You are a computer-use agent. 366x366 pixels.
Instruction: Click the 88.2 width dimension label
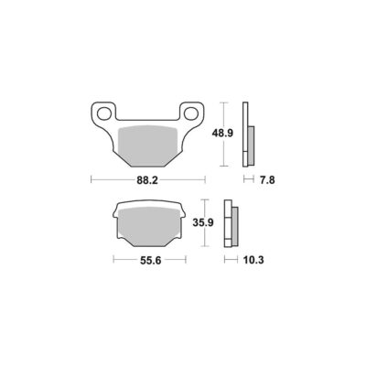click(x=147, y=180)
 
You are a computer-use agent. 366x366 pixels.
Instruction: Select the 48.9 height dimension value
click(x=222, y=133)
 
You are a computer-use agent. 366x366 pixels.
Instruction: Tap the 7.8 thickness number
click(x=267, y=180)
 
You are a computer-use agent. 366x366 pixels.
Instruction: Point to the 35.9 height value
click(x=203, y=222)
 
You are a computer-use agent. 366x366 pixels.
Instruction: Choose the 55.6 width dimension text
click(x=150, y=261)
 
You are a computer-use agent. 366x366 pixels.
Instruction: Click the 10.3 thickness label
click(x=253, y=260)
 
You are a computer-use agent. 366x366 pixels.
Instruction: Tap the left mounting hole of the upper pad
click(x=104, y=113)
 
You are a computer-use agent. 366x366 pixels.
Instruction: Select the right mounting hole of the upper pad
click(x=191, y=113)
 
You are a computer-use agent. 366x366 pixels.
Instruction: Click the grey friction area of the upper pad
click(x=147, y=145)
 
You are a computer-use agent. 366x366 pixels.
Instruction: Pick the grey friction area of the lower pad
click(x=149, y=226)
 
